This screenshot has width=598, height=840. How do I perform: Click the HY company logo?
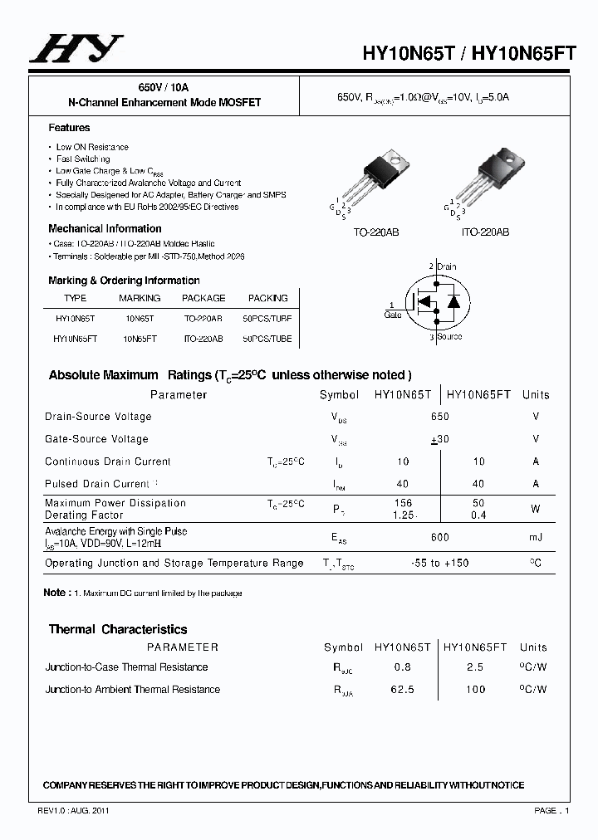click(76, 49)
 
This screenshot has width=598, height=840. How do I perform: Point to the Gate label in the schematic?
click(393, 315)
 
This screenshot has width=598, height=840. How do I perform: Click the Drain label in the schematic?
click(445, 266)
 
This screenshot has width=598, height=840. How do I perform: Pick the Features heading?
click(69, 128)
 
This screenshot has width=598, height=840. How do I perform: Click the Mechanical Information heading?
click(105, 228)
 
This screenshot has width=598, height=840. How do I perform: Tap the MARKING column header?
click(140, 298)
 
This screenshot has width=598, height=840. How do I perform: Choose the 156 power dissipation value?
click(403, 503)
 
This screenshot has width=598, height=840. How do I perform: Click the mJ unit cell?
click(536, 538)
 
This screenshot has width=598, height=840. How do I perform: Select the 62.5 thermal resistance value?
click(403, 689)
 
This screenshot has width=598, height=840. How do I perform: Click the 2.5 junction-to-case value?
click(476, 667)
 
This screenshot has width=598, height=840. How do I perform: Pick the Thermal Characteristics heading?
click(118, 629)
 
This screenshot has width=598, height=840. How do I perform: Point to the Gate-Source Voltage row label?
click(96, 439)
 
